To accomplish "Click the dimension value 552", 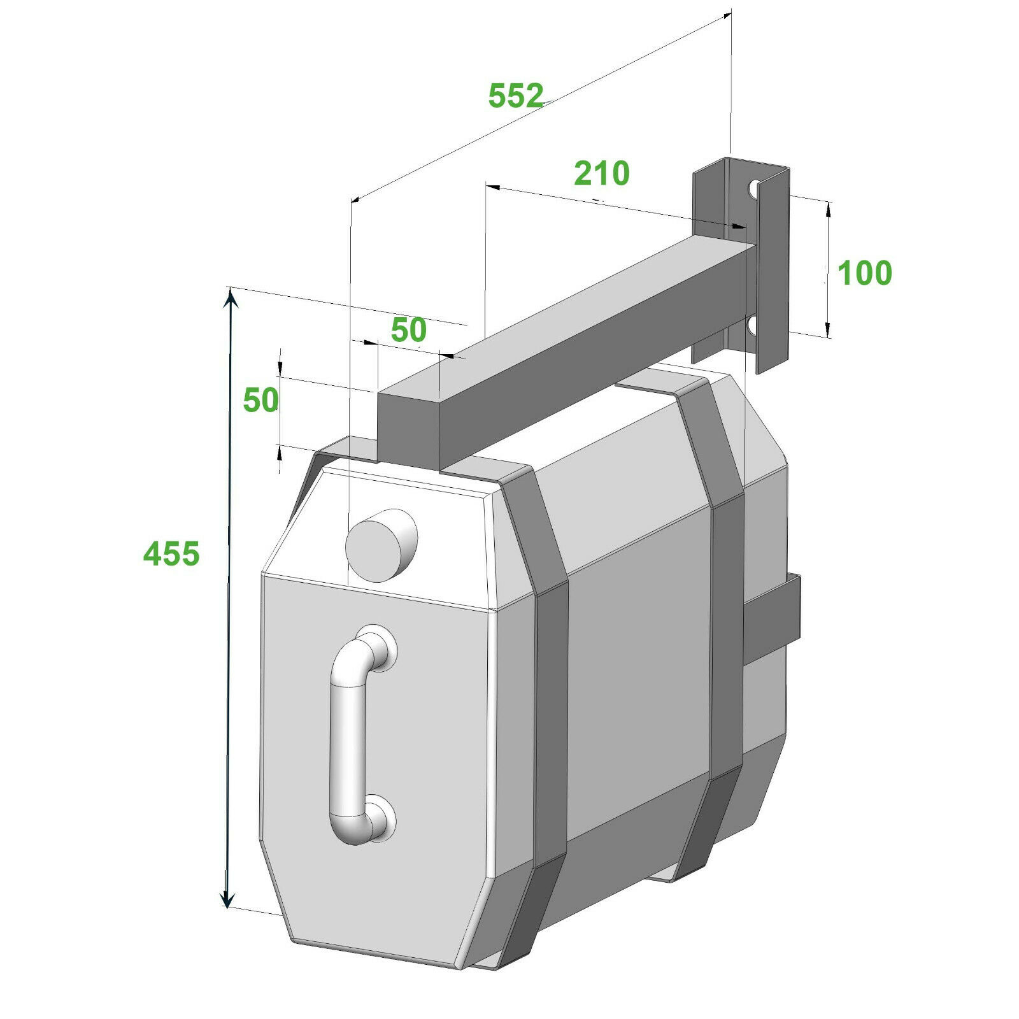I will coord(515,96).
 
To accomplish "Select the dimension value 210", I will coord(601,173).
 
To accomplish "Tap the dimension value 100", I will coord(864,273).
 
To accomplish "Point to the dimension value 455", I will coord(171,553).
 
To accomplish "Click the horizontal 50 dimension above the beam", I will coord(408,330).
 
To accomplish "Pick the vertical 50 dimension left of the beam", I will coord(260,400).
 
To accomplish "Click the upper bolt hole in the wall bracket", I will coord(753,189).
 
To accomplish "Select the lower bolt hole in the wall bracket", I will coord(752,325).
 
